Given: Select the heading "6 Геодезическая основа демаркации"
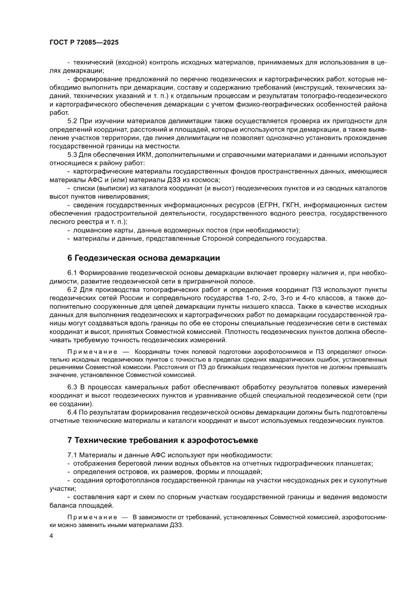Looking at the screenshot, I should pos(144,258).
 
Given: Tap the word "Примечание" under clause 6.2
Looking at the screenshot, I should pos(91,351).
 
